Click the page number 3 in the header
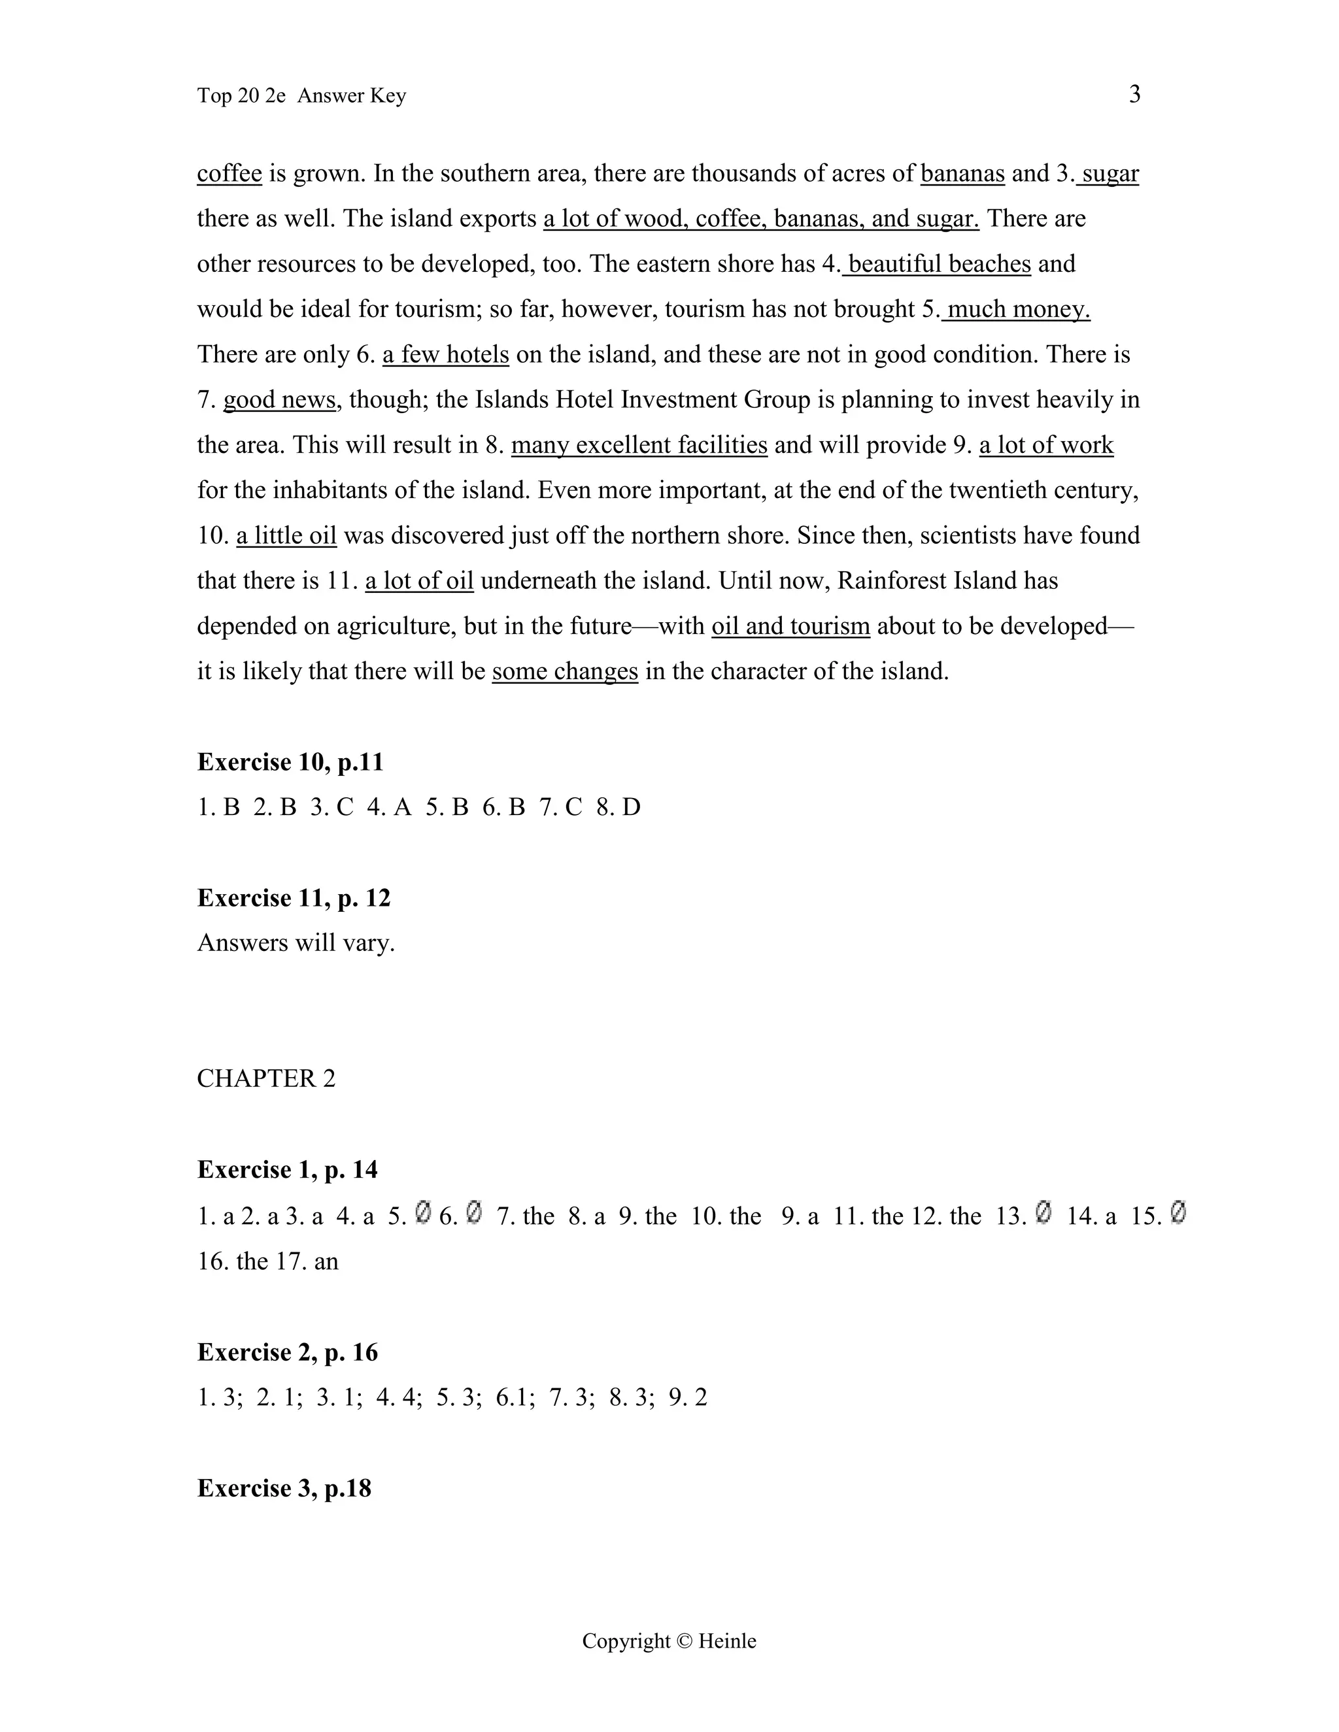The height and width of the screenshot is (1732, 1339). (1134, 94)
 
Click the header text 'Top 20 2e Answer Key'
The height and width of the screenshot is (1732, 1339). (301, 96)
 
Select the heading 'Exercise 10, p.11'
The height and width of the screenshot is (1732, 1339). (290, 762)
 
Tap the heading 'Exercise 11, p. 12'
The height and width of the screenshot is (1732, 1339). (294, 898)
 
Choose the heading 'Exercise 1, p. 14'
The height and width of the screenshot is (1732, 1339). (287, 1170)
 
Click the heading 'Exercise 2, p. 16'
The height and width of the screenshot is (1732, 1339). (287, 1352)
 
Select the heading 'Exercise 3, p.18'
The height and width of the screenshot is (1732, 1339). (284, 1488)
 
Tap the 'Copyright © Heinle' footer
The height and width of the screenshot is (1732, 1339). (669, 1640)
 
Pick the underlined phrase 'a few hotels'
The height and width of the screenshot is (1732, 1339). (446, 354)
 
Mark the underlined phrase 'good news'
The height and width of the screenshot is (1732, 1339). (279, 400)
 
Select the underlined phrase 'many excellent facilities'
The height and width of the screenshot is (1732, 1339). (639, 445)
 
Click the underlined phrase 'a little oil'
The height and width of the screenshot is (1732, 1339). (286, 536)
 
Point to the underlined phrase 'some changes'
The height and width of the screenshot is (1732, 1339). (565, 672)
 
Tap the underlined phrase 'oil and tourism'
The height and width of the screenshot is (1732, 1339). (791, 627)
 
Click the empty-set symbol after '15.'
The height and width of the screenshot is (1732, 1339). (1178, 1213)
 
